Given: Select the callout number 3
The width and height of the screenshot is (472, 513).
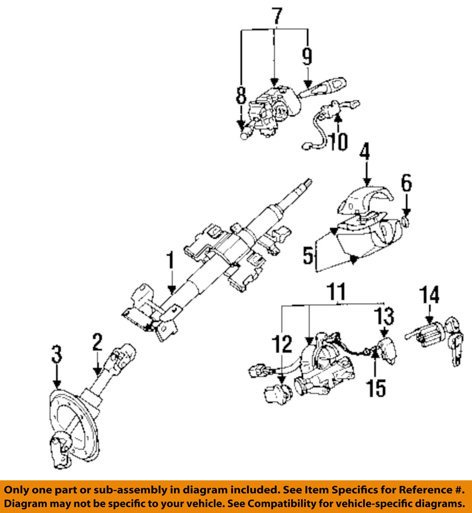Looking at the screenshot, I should pyautogui.click(x=57, y=356).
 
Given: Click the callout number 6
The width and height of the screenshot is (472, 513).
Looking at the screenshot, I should pyautogui.click(x=407, y=183).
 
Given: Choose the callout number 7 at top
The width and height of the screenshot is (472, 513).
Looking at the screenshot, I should pyautogui.click(x=276, y=16).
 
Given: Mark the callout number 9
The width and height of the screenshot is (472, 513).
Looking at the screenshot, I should pyautogui.click(x=307, y=57).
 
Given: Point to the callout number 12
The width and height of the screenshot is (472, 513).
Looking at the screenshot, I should pyautogui.click(x=282, y=345).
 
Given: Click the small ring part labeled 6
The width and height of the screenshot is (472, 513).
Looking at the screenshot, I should pyautogui.click(x=406, y=221).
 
